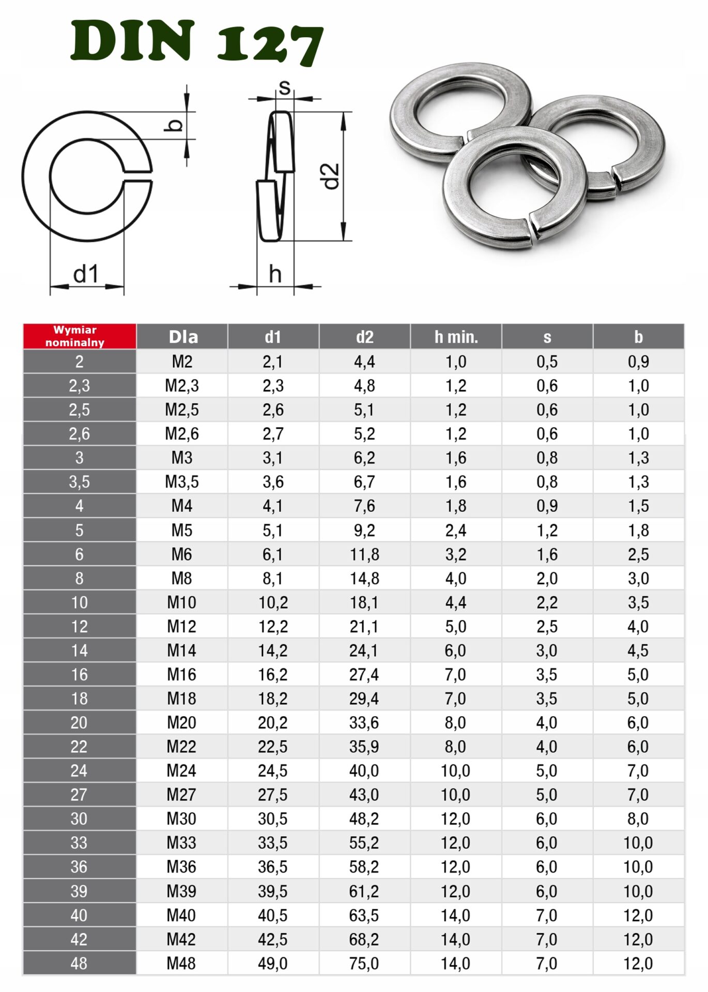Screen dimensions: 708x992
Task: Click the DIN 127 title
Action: click(x=197, y=41)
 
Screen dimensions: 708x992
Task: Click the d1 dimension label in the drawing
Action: click(x=86, y=274)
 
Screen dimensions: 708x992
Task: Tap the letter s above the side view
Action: click(x=284, y=88)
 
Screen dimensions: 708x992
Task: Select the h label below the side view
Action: click(x=275, y=274)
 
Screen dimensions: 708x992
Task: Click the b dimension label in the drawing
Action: click(x=175, y=125)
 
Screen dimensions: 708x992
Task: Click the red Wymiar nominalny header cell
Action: click(x=80, y=336)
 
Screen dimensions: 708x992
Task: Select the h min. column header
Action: click(x=456, y=337)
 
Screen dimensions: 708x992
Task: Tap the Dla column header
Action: click(x=183, y=337)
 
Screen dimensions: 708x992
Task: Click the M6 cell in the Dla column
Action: click(x=182, y=554)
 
